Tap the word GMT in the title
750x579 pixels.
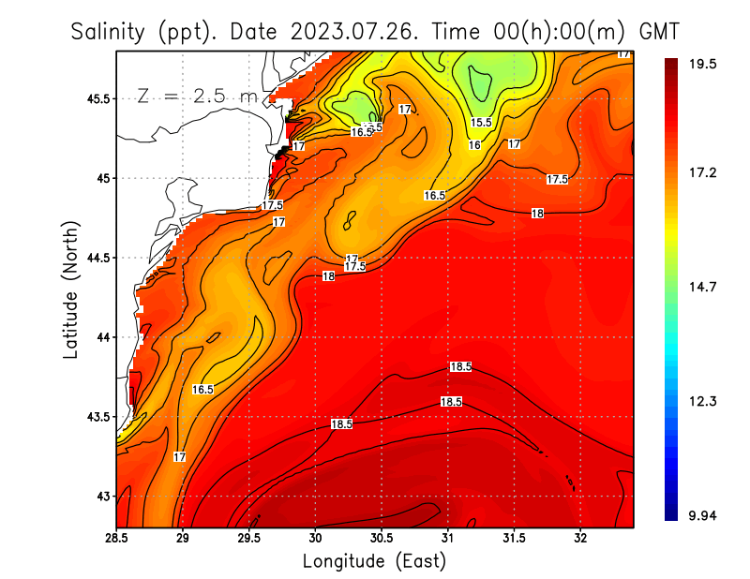658,33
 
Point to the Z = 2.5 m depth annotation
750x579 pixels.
197,96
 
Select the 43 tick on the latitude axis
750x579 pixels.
101,496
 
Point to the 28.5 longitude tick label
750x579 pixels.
117,539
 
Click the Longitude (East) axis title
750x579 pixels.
374,561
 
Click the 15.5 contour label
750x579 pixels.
481,123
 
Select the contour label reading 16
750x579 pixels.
474,145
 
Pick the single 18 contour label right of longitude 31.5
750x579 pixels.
537,214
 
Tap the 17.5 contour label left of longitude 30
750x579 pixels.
273,205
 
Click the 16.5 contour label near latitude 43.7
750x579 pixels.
202,389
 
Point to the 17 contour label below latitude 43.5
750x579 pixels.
179,457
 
